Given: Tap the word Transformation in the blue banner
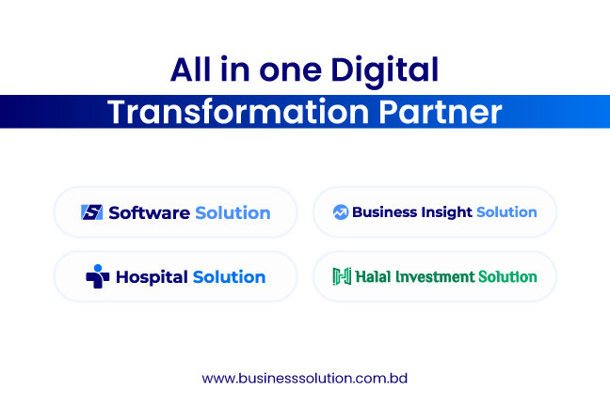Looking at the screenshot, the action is pos(238,112).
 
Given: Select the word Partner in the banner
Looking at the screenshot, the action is pos(440,112).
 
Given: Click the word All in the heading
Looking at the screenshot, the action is pos(190,70).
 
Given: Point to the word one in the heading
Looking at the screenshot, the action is pos(291,71).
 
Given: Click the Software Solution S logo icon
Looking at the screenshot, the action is pos(92,212).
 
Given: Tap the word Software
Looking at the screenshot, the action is pos(150,213).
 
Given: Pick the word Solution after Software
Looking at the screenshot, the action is pos(233,213).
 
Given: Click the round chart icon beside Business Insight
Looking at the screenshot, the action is pos(341,212).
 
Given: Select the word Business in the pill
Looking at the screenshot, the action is pos(379,212).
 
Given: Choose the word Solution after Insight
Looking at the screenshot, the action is pos(506,212).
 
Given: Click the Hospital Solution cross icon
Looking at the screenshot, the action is pos(97,276).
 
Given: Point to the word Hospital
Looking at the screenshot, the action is pos(152,278).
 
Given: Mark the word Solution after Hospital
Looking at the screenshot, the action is pos(229,277).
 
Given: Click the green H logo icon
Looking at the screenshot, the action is pos(342,276).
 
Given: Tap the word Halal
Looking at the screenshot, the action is pos(373,276).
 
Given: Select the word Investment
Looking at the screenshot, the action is pos(435,276).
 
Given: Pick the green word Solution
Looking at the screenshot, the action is pos(507,276).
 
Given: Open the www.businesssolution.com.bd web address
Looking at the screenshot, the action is pos(305,379).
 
